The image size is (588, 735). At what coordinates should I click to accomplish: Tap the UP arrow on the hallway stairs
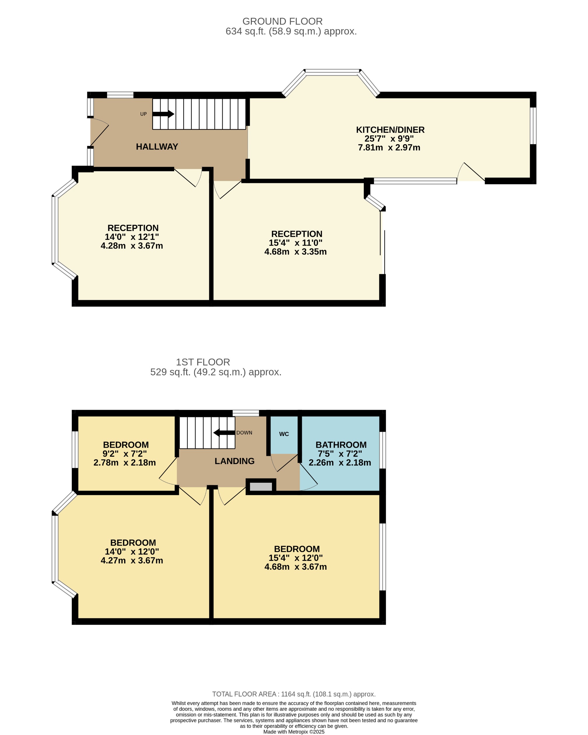pyautogui.click(x=163, y=114)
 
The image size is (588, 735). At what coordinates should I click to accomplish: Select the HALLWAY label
pyautogui.click(x=157, y=147)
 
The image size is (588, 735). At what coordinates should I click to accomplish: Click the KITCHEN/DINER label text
pyautogui.click(x=390, y=130)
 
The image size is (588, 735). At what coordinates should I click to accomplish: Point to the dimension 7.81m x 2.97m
pyautogui.click(x=389, y=148)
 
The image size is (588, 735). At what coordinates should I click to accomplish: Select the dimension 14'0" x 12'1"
pyautogui.click(x=132, y=237)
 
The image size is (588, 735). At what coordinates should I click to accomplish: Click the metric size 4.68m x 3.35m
pyautogui.click(x=295, y=252)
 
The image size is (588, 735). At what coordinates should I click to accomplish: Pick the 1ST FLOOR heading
pyautogui.click(x=203, y=362)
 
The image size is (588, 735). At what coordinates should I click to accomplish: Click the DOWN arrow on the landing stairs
pyautogui.click(x=224, y=433)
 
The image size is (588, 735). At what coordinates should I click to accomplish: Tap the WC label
pyautogui.click(x=284, y=434)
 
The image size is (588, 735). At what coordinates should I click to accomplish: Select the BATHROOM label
pyautogui.click(x=341, y=445)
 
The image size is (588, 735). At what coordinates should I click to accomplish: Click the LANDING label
pyautogui.click(x=235, y=461)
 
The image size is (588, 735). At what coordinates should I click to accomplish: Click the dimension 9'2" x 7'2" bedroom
pyautogui.click(x=125, y=454)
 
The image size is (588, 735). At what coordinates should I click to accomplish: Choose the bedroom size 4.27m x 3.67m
pyautogui.click(x=132, y=561)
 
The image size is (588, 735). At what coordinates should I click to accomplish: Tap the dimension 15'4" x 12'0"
pyautogui.click(x=295, y=558)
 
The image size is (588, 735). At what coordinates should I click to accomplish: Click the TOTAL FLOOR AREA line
pyautogui.click(x=294, y=694)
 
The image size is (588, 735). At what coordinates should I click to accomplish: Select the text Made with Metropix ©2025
pyautogui.click(x=294, y=731)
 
